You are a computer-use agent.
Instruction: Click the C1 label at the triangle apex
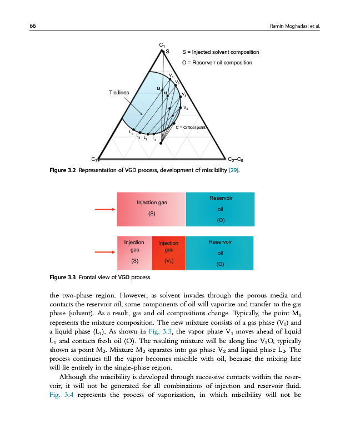pyautogui.click(x=161, y=44)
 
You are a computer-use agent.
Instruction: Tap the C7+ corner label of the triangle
pyautogui.click(x=95, y=160)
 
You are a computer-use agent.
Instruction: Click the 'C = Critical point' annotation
pyautogui.click(x=191, y=128)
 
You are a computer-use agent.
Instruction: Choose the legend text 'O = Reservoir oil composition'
pyautogui.click(x=217, y=62)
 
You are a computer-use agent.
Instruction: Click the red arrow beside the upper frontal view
pyautogui.click(x=104, y=209)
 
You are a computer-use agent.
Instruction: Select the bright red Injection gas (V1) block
pyautogui.click(x=168, y=253)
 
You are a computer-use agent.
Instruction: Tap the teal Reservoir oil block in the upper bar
pyautogui.click(x=220, y=209)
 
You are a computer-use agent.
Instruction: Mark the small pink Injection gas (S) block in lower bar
pyautogui.click(x=134, y=253)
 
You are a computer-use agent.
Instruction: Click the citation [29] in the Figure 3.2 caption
pyautogui.click(x=234, y=170)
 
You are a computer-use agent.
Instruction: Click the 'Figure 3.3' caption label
pyautogui.click(x=62, y=276)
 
